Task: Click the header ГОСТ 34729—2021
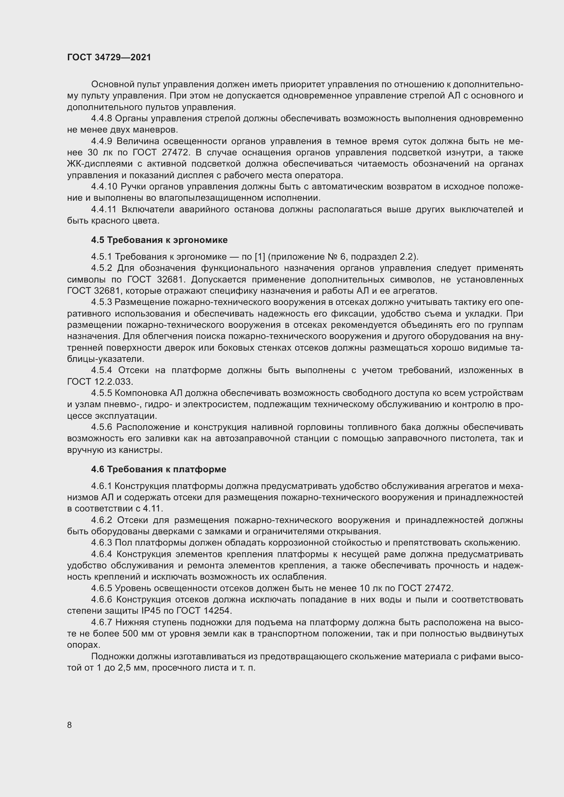(x=109, y=57)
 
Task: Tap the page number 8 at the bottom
(x=70, y=725)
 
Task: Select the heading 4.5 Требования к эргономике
(x=159, y=240)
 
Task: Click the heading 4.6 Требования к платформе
(x=159, y=469)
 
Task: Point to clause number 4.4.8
(x=101, y=119)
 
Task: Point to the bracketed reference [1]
(x=260, y=257)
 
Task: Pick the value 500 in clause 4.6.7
(x=131, y=633)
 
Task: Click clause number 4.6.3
(x=101, y=542)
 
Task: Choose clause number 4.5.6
(x=102, y=427)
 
